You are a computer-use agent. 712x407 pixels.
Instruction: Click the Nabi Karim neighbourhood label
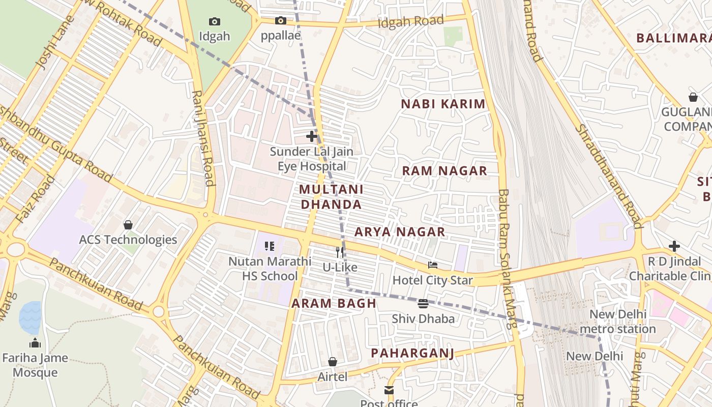coord(443,104)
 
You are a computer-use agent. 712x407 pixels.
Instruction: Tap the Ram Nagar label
coord(444,171)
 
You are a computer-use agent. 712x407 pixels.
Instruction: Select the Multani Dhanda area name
coord(331,197)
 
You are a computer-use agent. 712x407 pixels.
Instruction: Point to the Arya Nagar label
coord(400,232)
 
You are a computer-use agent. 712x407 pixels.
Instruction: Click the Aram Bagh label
coord(334,304)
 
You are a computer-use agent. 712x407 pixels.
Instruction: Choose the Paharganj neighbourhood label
coord(412,353)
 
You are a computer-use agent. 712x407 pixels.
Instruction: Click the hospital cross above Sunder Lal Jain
coord(312,136)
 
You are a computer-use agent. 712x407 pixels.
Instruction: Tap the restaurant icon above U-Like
coord(340,252)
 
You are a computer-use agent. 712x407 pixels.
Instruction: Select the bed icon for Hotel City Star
coord(433,265)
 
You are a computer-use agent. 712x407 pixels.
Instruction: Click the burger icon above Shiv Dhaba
coord(423,304)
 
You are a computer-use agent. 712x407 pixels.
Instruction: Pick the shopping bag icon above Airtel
coord(332,362)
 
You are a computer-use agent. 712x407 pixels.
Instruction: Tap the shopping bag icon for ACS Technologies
coord(128,224)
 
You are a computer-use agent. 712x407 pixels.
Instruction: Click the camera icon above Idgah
coord(215,21)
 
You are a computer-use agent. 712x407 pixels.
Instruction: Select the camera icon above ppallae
coord(280,21)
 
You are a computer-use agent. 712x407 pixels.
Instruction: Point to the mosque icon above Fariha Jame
coord(35,343)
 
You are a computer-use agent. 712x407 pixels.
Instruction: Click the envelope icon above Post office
coord(389,390)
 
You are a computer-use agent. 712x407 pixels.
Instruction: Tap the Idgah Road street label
coord(411,22)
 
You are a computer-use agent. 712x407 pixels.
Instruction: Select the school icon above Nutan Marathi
coord(270,246)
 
